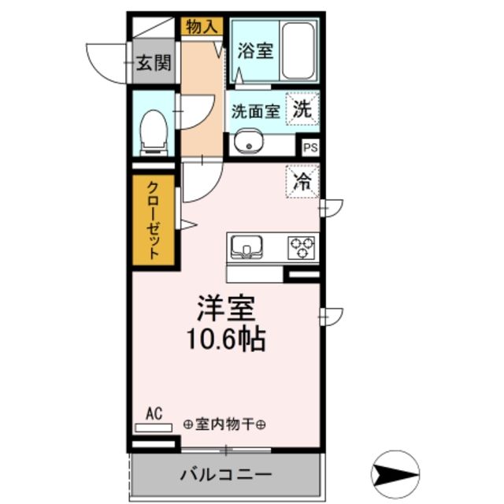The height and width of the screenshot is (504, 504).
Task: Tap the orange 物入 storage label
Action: click(201, 27)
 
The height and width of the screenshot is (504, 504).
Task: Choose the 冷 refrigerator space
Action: click(302, 181)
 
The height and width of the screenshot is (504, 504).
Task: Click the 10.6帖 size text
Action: click(224, 339)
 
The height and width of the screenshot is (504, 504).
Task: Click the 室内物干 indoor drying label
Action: click(224, 424)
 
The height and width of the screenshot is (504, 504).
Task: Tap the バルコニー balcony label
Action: click(225, 476)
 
